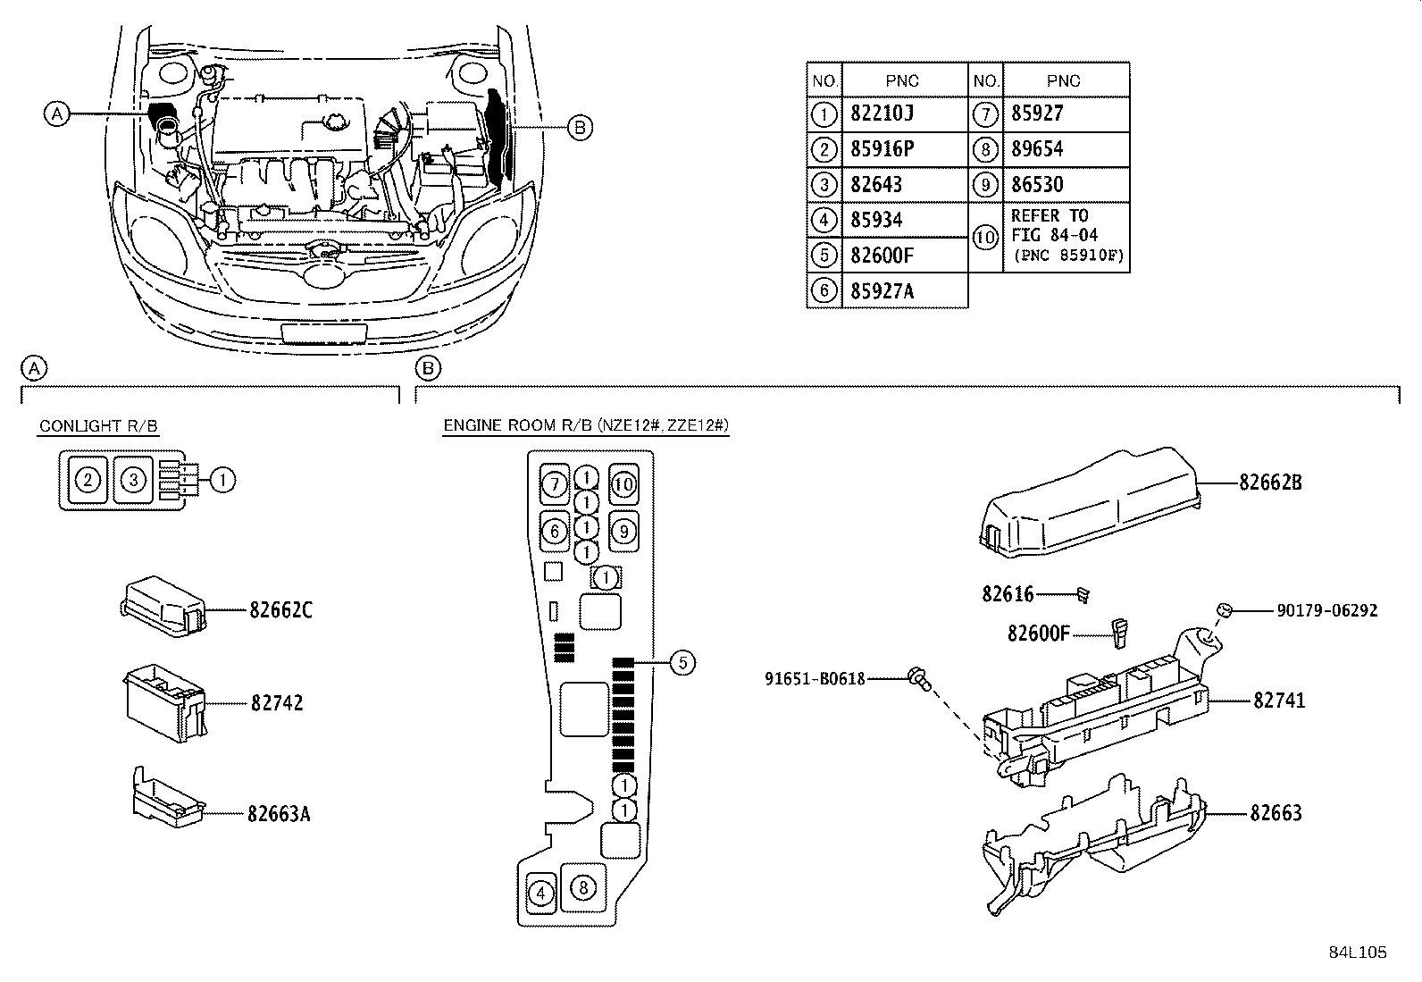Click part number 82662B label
(1270, 483)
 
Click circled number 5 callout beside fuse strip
(682, 662)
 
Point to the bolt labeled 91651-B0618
(917, 679)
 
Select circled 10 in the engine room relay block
(623, 484)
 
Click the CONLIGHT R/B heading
(98, 426)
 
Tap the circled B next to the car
(580, 128)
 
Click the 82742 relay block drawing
(164, 702)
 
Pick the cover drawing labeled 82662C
(163, 608)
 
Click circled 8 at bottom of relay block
(582, 887)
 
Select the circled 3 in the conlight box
(133, 480)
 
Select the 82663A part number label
(280, 814)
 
